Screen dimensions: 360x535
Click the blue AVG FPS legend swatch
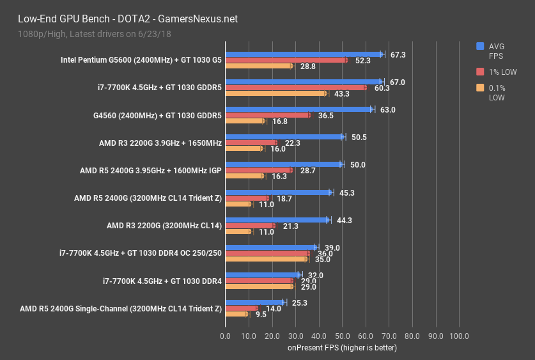tap(480, 46)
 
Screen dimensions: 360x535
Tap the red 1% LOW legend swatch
tap(480, 72)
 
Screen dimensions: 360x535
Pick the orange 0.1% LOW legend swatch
tap(480, 88)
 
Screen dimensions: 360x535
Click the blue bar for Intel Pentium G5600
tap(304, 54)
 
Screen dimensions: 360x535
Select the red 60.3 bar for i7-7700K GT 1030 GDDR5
tap(295, 88)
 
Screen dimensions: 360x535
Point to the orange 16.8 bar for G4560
tap(244, 121)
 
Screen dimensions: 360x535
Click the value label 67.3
tap(398, 55)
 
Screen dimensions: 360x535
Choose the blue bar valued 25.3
tap(254, 302)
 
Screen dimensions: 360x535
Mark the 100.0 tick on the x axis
tap(459, 336)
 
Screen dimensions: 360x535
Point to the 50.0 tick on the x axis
tap(342, 336)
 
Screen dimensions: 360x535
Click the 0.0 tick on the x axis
tap(225, 336)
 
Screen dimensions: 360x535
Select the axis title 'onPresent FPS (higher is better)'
tap(342, 348)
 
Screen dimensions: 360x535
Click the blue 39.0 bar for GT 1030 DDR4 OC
tap(270, 247)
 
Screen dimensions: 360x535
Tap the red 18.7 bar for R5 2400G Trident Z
tap(247, 198)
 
